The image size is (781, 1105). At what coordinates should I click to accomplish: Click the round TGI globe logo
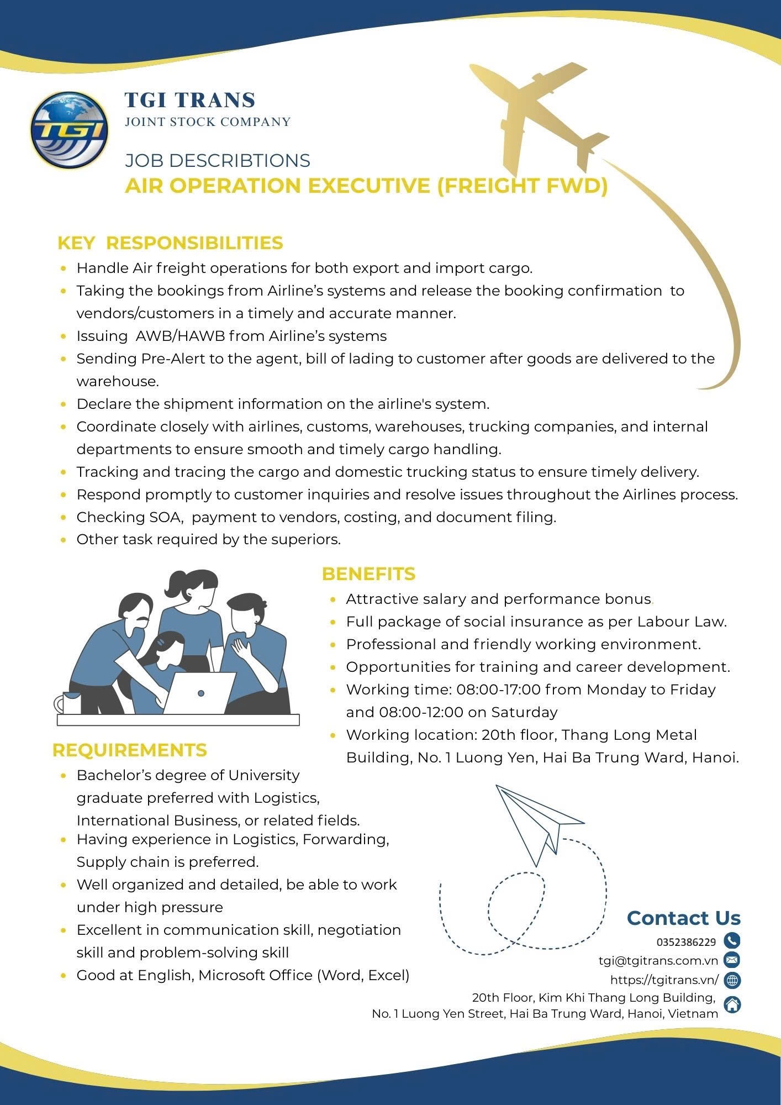pyautogui.click(x=69, y=130)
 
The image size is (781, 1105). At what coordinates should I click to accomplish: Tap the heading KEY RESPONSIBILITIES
pyautogui.click(x=170, y=243)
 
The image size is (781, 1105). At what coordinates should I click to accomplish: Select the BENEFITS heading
pyautogui.click(x=368, y=574)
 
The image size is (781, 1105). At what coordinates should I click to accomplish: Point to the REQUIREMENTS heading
pyautogui.click(x=129, y=750)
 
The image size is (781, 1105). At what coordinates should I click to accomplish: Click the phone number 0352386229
pyautogui.click(x=686, y=942)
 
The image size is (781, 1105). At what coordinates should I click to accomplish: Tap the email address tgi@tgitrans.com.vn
pyautogui.click(x=658, y=961)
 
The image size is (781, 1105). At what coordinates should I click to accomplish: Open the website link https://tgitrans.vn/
pyautogui.click(x=664, y=980)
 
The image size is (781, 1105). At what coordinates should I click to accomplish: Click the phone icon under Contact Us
pyautogui.click(x=732, y=940)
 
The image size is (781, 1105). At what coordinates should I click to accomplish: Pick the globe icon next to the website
pyautogui.click(x=732, y=980)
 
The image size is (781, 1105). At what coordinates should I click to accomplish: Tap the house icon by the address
pyautogui.click(x=732, y=1004)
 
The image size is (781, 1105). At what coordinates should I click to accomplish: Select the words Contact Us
pyautogui.click(x=683, y=918)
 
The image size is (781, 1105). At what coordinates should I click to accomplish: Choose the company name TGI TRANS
pyautogui.click(x=190, y=100)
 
